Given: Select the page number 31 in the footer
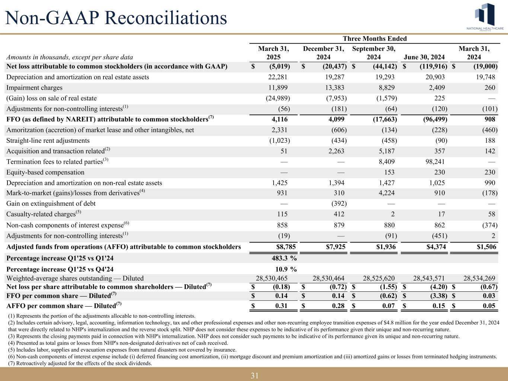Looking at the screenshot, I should pyautogui.click(x=255, y=375).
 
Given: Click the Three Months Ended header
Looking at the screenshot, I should pyautogui.click(x=374, y=39).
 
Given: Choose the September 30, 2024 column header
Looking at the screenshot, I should pyautogui.click(x=374, y=53).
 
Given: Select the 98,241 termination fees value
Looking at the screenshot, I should pyautogui.click(x=434, y=162).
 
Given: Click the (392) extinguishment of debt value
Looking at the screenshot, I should pyautogui.click(x=339, y=204).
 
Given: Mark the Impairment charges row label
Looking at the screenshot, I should pyautogui.click(x=34, y=88).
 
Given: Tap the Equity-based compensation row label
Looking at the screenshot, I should pyautogui.click(x=45, y=172).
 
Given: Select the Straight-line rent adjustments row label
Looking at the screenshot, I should pyautogui.click(x=48, y=141).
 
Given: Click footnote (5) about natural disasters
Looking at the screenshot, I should pyautogui.click(x=122, y=350).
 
